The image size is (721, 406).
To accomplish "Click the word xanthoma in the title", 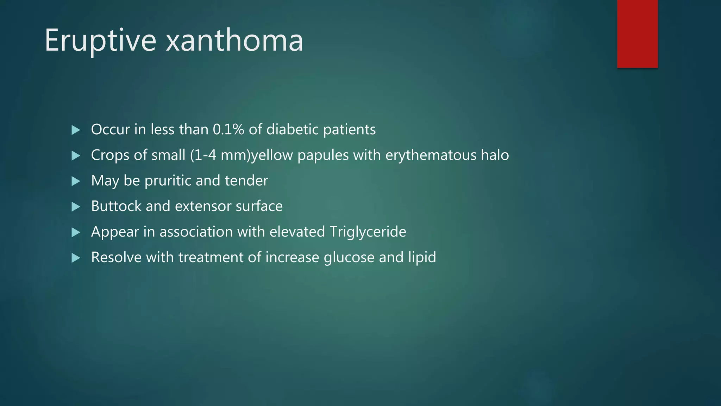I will click(x=234, y=41).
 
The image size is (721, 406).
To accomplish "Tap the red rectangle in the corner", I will click(x=637, y=34).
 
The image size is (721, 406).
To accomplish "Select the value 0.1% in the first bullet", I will click(x=228, y=130).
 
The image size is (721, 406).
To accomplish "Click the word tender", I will click(x=246, y=181).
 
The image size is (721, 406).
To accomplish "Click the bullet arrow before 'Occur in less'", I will click(x=76, y=130).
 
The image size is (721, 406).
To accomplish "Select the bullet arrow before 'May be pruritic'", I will click(x=76, y=181).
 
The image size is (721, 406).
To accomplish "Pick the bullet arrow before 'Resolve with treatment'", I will click(x=76, y=258).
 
